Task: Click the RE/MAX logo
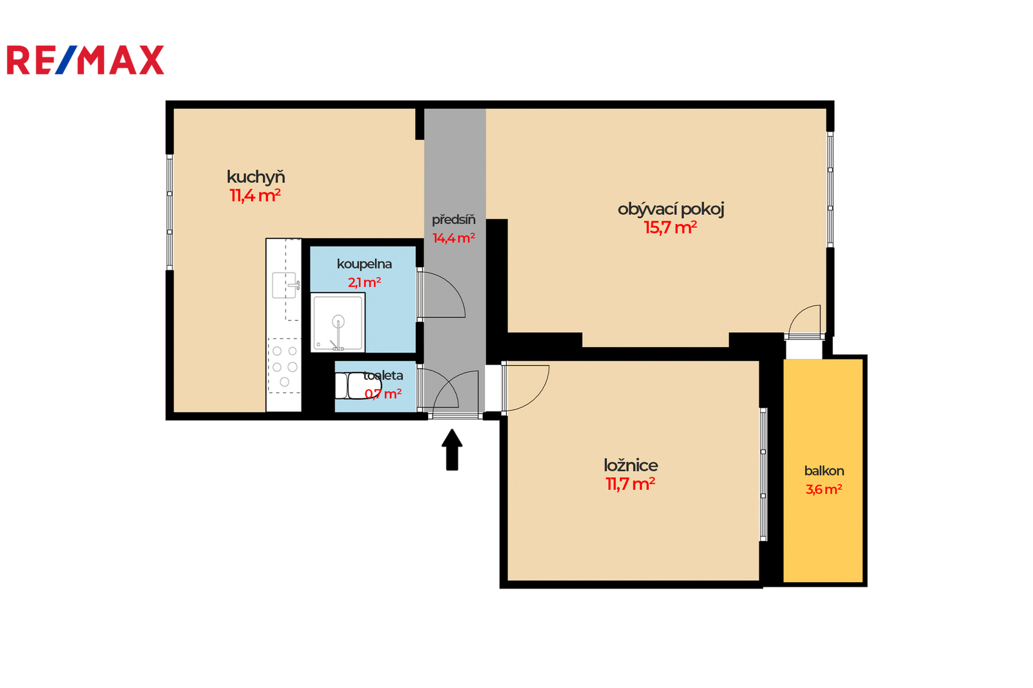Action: (x=85, y=60)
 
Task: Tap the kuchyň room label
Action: (x=256, y=177)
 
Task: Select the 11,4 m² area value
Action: (x=255, y=196)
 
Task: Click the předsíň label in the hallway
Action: (x=454, y=219)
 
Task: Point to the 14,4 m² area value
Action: (x=454, y=238)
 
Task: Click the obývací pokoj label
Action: (x=671, y=210)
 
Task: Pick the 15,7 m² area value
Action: (x=671, y=228)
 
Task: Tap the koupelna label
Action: (x=364, y=264)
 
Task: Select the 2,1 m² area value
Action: (x=364, y=282)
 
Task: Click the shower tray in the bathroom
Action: (x=338, y=322)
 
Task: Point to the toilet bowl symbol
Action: (x=358, y=385)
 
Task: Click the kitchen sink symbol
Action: (x=285, y=285)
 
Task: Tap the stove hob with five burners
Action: (x=285, y=366)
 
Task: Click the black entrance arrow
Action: (x=452, y=450)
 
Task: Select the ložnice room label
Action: (x=631, y=465)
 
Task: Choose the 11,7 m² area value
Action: (x=630, y=484)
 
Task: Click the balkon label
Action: (x=824, y=470)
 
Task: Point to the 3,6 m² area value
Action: (x=824, y=489)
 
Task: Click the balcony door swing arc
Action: (x=799, y=310)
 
